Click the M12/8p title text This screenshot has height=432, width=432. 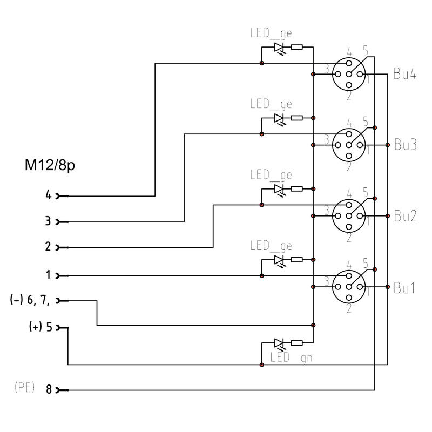pos(50,165)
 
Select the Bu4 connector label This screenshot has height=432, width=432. pos(404,74)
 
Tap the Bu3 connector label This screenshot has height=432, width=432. pos(405,145)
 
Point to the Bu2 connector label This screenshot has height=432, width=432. pos(405,215)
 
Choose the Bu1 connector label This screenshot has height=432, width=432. pos(404,288)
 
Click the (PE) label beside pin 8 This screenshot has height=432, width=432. pos(24,387)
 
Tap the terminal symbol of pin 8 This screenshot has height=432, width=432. pos(62,390)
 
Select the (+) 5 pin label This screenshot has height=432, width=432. pos(40,327)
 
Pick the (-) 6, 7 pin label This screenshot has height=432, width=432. pos(30,300)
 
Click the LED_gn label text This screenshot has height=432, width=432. pos(291,357)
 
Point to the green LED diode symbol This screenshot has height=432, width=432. pos(279,343)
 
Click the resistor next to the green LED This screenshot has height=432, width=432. pos(296,343)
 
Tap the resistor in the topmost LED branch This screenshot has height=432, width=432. pos(296,47)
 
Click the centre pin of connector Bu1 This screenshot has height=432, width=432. pos(349,287)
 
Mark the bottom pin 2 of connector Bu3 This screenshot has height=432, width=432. pos(349,156)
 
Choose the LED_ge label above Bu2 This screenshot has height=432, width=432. pos(271,175)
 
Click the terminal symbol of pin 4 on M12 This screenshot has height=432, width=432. pos(62,196)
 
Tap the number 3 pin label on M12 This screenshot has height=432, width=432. pos(48,221)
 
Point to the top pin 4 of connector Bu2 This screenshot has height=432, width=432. pos(349,205)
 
